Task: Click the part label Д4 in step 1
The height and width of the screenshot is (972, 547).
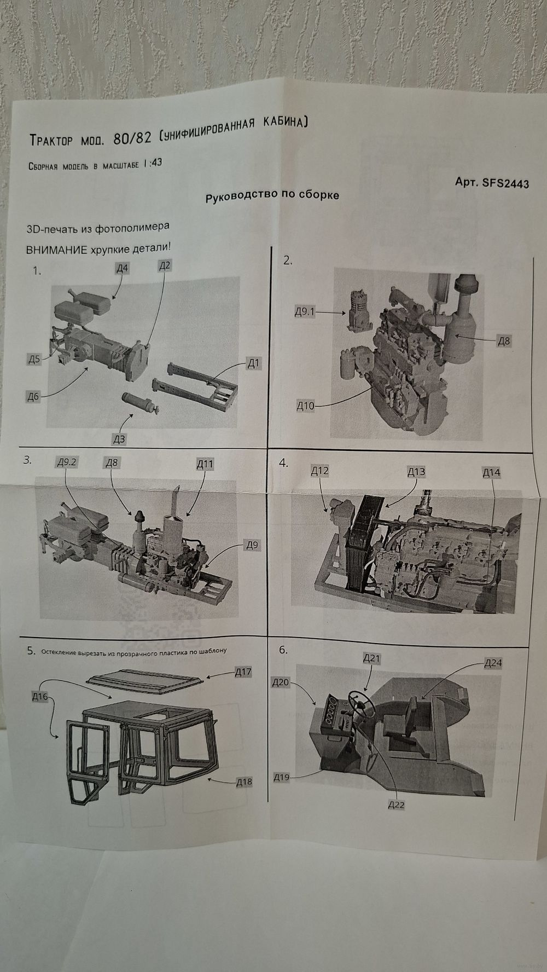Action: pyautogui.click(x=122, y=268)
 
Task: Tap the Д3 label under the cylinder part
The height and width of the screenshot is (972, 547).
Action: pyautogui.click(x=119, y=439)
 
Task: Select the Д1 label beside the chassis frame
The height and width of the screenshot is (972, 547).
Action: pyautogui.click(x=253, y=363)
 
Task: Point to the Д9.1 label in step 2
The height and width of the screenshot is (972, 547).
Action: pyautogui.click(x=305, y=312)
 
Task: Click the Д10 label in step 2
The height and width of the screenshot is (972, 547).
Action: pyautogui.click(x=306, y=406)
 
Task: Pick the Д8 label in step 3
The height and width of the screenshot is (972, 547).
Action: pyautogui.click(x=112, y=462)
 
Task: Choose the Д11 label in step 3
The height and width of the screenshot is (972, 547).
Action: pyautogui.click(x=205, y=464)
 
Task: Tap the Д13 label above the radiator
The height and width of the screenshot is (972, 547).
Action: pyautogui.click(x=416, y=472)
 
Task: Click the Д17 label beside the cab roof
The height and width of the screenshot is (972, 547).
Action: pyautogui.click(x=243, y=672)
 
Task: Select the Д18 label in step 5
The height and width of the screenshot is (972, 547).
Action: pyautogui.click(x=244, y=782)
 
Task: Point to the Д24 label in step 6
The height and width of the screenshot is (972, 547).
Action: pyautogui.click(x=493, y=663)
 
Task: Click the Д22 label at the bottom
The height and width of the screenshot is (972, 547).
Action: pyautogui.click(x=395, y=805)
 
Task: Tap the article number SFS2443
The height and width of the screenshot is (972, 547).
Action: pyautogui.click(x=505, y=183)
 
